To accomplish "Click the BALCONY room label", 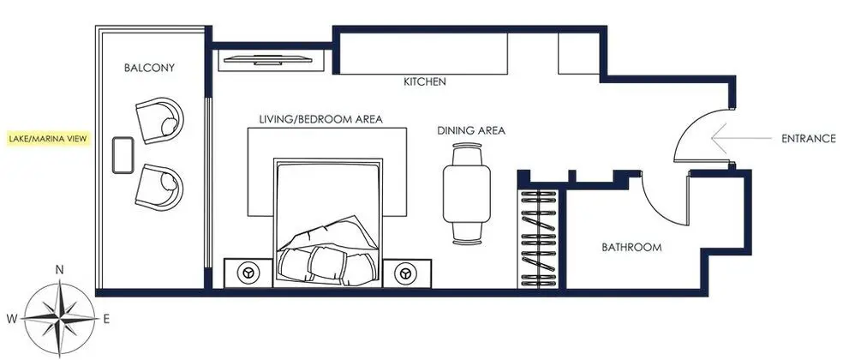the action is [149, 69].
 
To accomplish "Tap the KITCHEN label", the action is [425, 81].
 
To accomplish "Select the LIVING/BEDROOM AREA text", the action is [320, 119].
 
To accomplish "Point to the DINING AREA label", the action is [471, 130].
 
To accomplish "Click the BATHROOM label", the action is [632, 248].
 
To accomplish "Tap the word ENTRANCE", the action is [809, 139].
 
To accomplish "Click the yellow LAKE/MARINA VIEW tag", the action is [48, 139].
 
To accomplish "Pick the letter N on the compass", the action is [60, 270].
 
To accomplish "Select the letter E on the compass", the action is [106, 320].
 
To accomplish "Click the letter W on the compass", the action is [12, 320].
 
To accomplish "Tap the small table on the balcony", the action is [123, 155].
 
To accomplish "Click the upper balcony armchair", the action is [159, 120].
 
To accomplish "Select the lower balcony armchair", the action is [159, 188].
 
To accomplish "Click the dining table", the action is [467, 193].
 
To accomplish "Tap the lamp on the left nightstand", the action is [248, 273].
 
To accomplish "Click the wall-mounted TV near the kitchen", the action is [267, 60].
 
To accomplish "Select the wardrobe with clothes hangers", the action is [539, 238].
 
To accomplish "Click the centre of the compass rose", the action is [60, 319].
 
